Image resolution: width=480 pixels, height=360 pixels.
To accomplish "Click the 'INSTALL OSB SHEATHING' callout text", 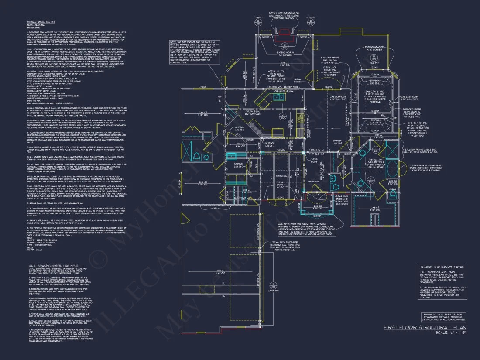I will [284, 16].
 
